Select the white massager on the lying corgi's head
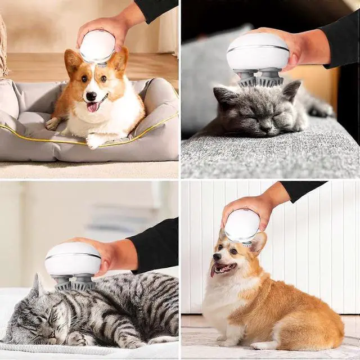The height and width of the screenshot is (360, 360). point(97,46)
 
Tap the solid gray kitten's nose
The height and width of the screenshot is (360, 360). point(264,125)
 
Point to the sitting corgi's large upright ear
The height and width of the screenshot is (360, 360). point(258,243)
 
